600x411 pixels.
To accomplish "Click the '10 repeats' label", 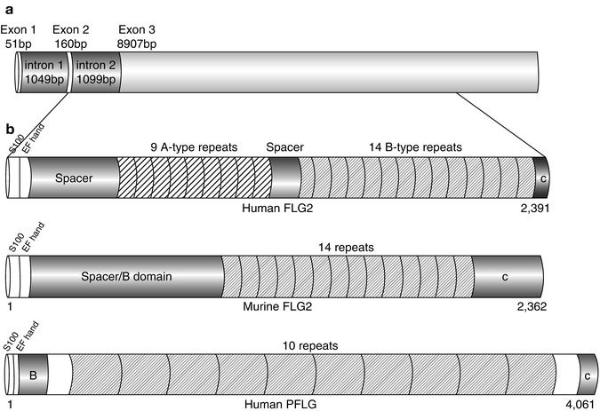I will pos(308,342).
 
